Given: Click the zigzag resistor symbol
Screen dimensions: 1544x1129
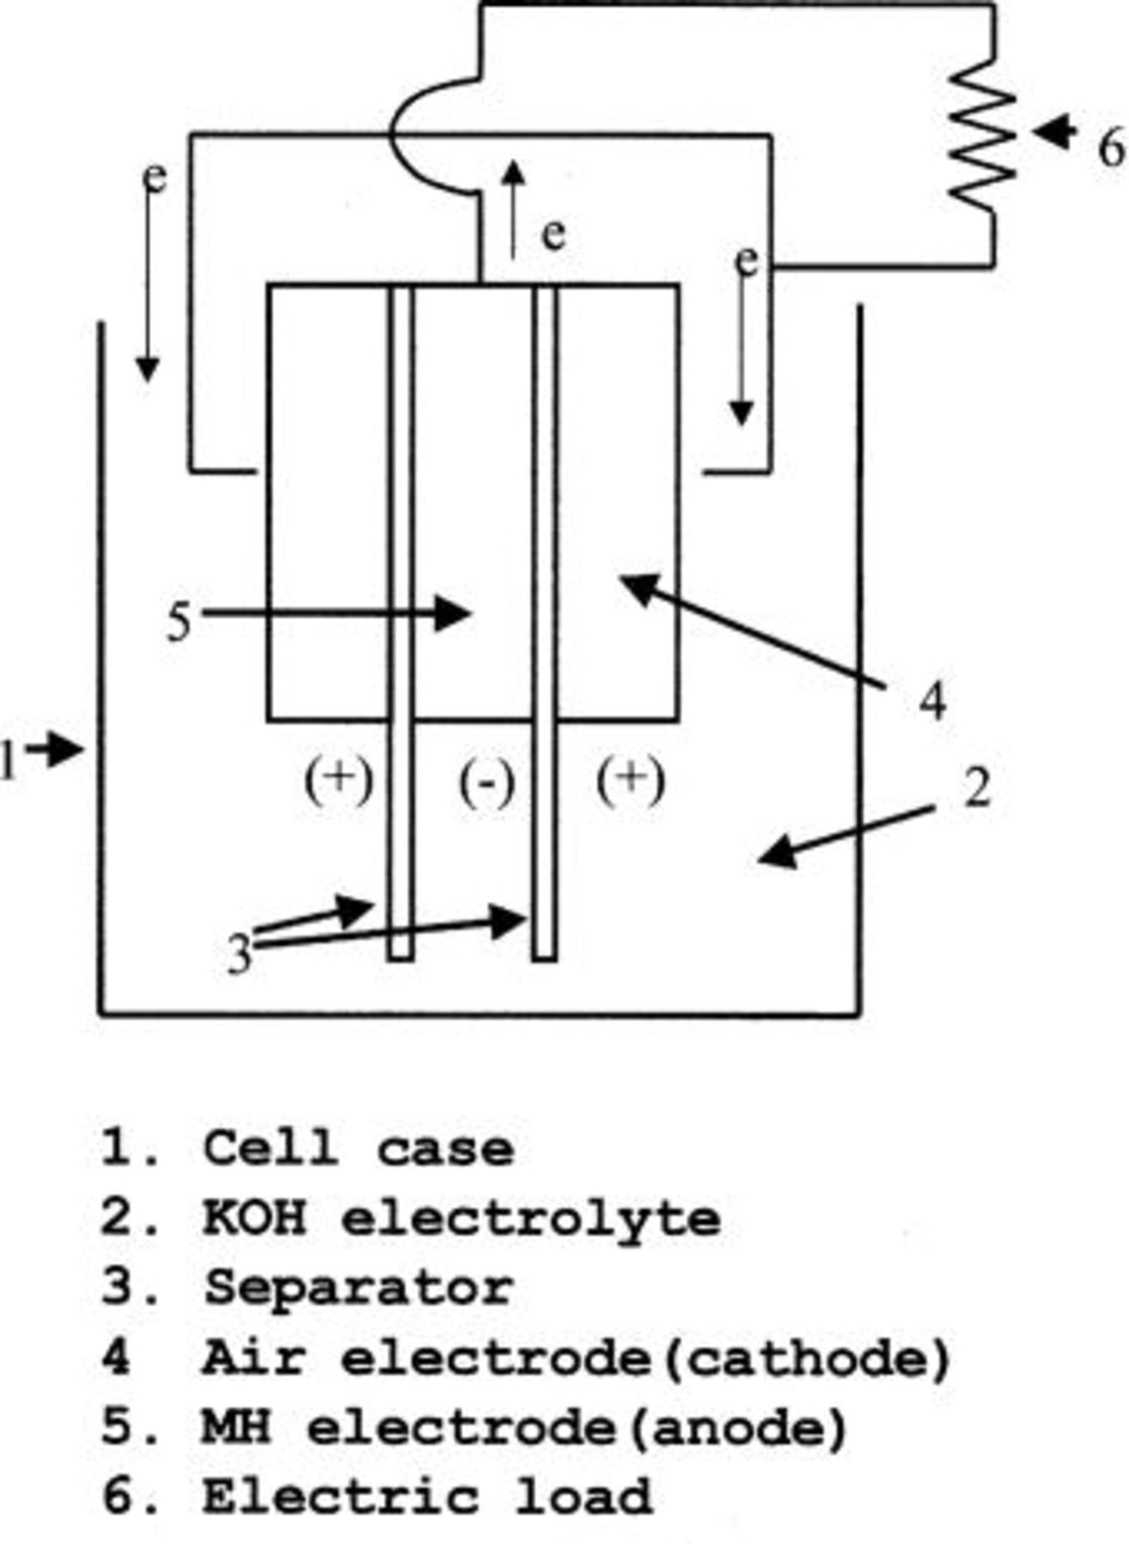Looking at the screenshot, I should [982, 133].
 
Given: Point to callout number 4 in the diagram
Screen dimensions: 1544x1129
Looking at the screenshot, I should [933, 702].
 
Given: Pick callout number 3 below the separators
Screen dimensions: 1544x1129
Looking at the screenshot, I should [241, 954].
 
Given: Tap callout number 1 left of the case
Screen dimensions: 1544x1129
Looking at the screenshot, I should [9, 760].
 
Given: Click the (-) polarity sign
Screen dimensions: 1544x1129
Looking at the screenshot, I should [487, 782].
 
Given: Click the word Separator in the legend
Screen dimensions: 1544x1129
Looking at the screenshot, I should [358, 1288].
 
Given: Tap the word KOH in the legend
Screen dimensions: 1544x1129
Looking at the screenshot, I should [254, 1218].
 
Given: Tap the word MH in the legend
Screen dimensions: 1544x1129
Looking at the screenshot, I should [236, 1427].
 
